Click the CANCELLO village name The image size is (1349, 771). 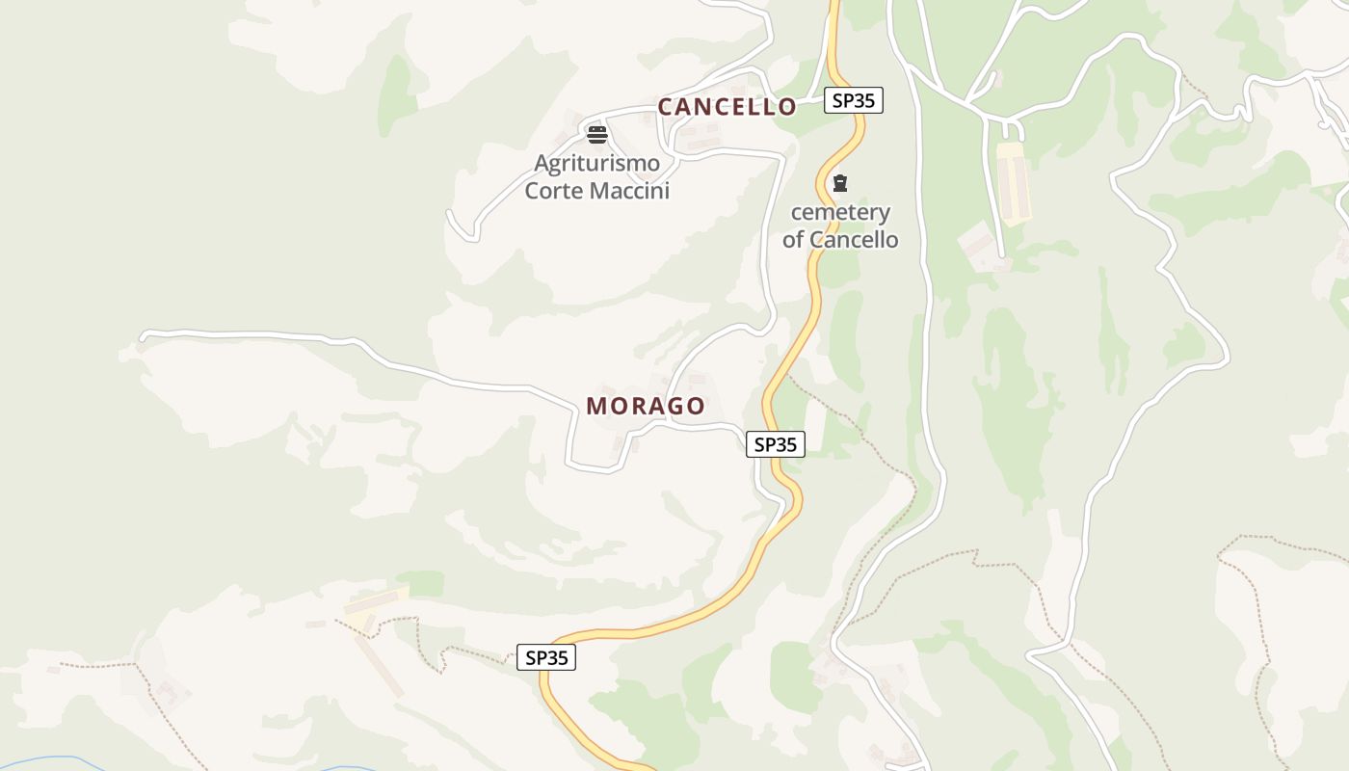click(x=727, y=107)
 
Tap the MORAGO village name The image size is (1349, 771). click(x=646, y=407)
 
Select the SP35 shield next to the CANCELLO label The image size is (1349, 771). click(x=854, y=100)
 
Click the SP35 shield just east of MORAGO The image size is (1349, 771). click(x=776, y=444)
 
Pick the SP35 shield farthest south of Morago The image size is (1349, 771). click(x=546, y=658)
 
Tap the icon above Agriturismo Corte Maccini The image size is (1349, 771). click(x=597, y=134)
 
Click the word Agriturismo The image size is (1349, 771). click(x=597, y=163)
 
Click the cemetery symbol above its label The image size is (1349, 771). click(x=840, y=183)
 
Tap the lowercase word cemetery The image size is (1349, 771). click(x=840, y=212)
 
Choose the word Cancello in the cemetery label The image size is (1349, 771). click(x=854, y=240)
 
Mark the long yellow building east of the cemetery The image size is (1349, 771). click(x=1014, y=184)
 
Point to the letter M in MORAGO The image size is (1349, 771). click(x=597, y=407)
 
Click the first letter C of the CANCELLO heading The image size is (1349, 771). click(x=666, y=107)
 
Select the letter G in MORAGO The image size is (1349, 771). click(x=672, y=407)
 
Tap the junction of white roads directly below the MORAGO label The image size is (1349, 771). click(x=665, y=423)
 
